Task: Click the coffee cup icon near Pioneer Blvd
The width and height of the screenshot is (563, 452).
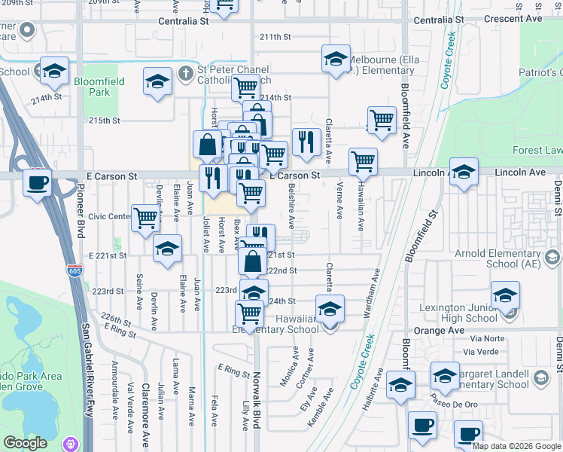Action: [37, 182]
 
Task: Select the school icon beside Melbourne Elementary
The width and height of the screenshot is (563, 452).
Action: [336, 59]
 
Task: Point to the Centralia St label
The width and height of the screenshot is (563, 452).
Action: [184, 21]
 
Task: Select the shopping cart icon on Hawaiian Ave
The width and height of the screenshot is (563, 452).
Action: [364, 160]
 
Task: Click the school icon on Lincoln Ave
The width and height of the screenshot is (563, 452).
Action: [464, 171]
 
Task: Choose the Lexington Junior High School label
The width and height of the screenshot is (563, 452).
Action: [470, 313]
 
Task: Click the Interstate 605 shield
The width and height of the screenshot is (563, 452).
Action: [74, 269]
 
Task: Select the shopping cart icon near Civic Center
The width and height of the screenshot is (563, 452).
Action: [145, 218]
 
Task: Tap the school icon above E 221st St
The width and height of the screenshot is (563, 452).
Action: [166, 248]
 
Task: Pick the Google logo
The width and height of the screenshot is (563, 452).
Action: [26, 443]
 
